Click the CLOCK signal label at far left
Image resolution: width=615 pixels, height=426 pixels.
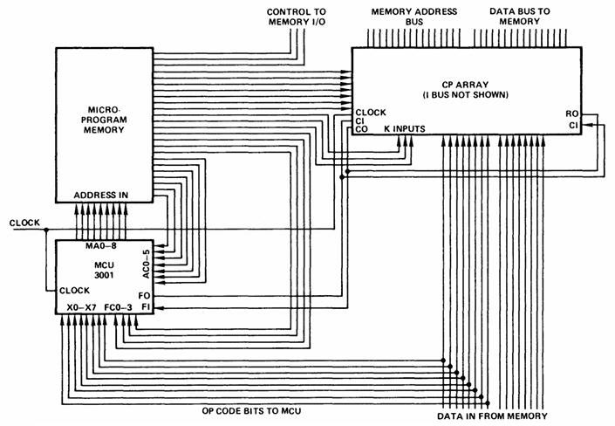[x=24, y=223]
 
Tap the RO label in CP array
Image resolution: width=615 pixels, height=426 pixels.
[x=571, y=113]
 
